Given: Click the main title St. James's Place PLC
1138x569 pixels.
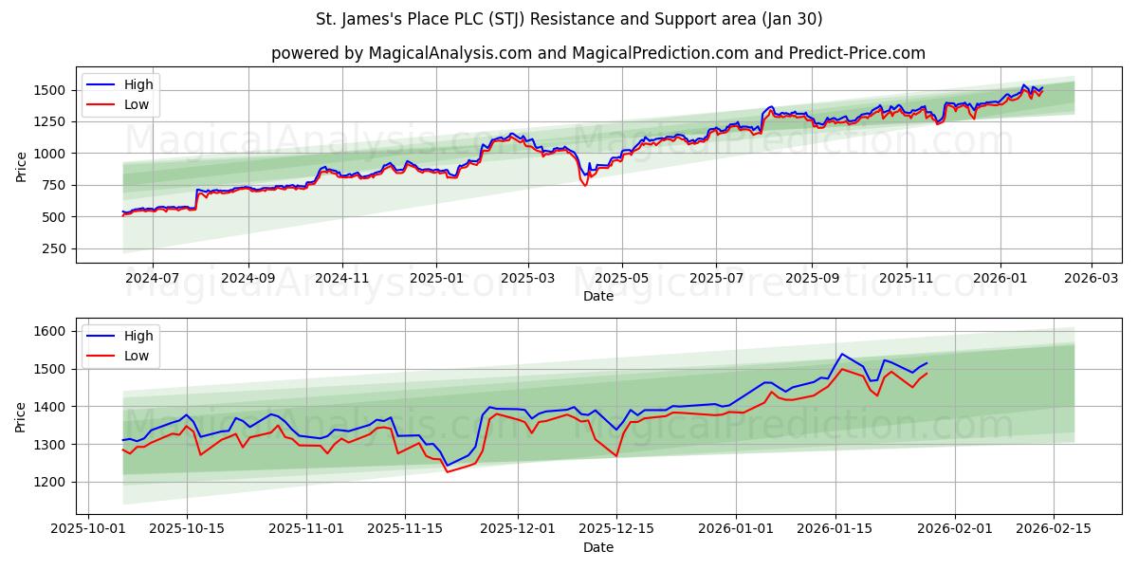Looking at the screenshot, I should (569, 19).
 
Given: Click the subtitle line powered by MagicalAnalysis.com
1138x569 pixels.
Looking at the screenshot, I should (597, 53).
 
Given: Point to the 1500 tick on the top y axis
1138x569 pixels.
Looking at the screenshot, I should (48, 90).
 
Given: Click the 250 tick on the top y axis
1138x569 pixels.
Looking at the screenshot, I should (52, 248).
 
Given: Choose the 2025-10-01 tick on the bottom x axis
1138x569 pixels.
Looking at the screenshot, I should (88, 528).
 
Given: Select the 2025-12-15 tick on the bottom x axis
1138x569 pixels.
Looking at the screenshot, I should (615, 528).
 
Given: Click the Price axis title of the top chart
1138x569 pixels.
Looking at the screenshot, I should (21, 166).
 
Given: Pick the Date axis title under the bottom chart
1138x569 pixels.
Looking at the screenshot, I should (597, 547).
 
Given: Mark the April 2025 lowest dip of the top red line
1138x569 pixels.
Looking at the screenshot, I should (585, 186).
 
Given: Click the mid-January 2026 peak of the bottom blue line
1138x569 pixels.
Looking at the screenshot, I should (841, 354).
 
